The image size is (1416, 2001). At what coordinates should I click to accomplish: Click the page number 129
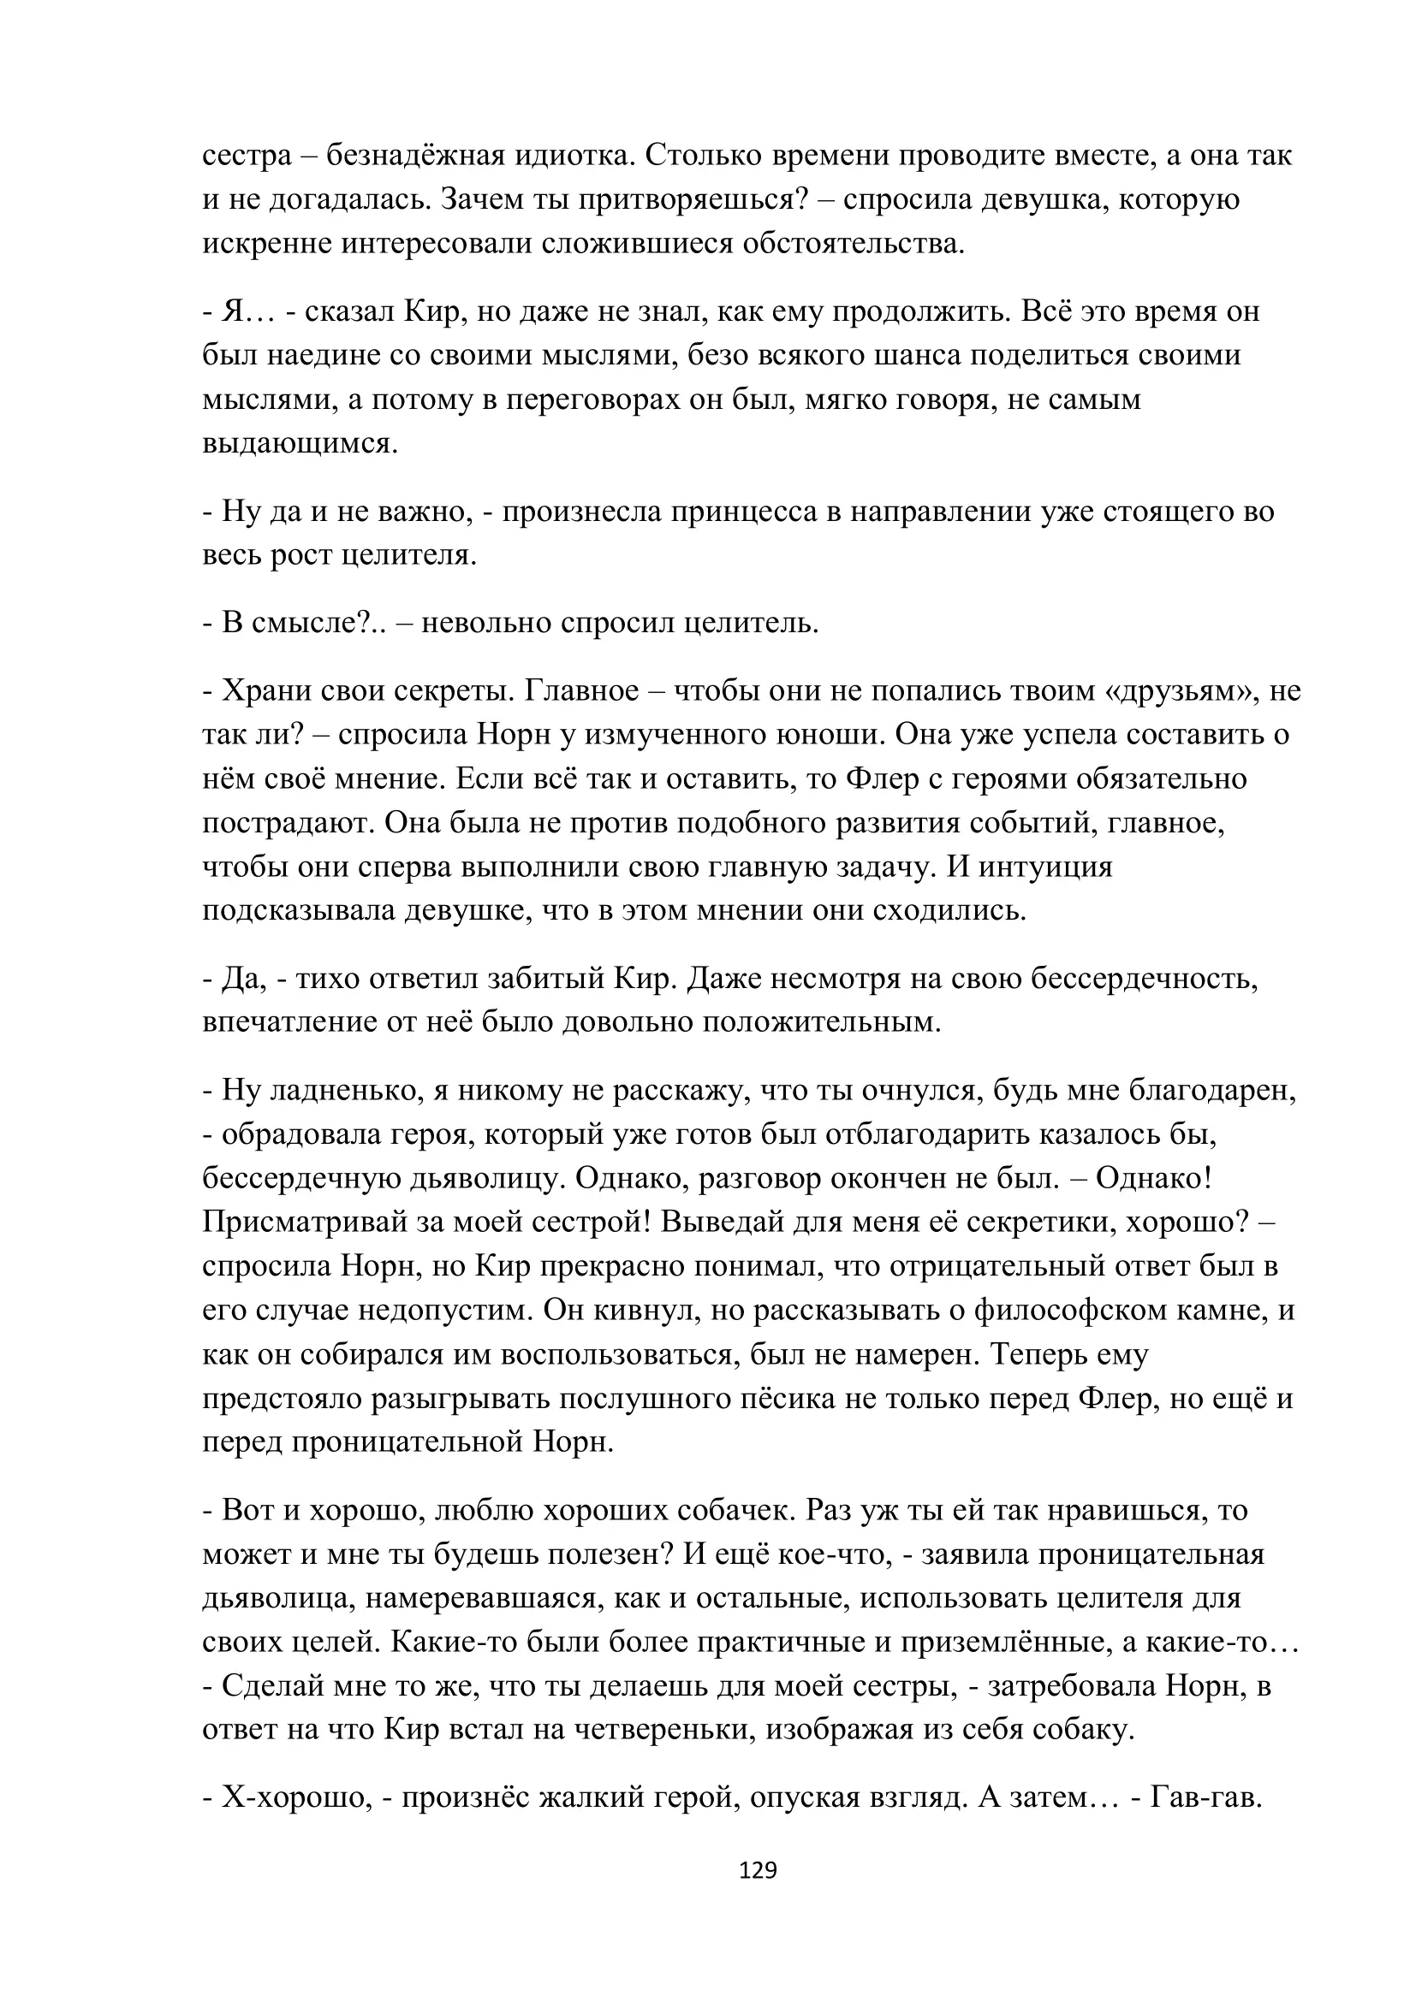[x=757, y=1869]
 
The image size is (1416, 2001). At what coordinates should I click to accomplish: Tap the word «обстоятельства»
[x=854, y=244]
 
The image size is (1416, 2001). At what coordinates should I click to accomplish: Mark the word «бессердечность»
[x=1145, y=979]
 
